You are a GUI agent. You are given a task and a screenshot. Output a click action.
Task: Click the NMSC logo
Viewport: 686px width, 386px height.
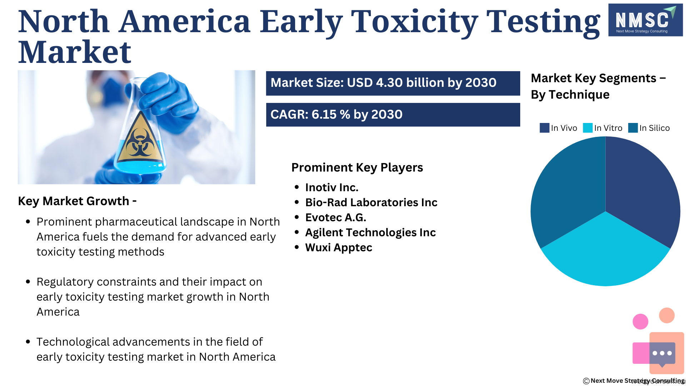pyautogui.click(x=645, y=20)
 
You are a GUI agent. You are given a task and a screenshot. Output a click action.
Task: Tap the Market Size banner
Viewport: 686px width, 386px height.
pyautogui.click(x=393, y=83)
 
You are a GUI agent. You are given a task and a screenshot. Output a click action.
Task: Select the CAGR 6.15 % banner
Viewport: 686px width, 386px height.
pyautogui.click(x=393, y=115)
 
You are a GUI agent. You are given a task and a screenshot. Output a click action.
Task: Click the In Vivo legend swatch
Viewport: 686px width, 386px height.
pyautogui.click(x=545, y=128)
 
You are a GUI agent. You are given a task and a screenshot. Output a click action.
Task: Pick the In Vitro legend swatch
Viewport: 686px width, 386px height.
pyautogui.click(x=588, y=128)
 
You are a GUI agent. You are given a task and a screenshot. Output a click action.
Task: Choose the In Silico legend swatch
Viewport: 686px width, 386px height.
pyautogui.click(x=633, y=128)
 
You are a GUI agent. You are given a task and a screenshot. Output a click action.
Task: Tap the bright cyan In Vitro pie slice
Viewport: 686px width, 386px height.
pyautogui.click(x=605, y=254)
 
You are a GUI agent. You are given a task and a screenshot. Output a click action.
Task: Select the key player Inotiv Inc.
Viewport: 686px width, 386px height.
pyautogui.click(x=332, y=187)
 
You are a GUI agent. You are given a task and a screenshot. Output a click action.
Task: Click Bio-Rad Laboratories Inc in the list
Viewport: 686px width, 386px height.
pyautogui.click(x=371, y=202)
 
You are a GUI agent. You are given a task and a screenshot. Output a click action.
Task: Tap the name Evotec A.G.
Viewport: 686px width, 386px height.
pyautogui.click(x=335, y=217)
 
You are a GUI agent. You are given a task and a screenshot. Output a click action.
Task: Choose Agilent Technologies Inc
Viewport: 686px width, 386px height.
pyautogui.click(x=371, y=232)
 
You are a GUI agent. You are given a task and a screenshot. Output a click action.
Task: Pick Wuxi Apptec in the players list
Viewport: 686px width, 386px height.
pyautogui.click(x=339, y=247)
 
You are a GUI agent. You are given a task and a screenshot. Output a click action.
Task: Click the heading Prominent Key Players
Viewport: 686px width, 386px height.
pyautogui.click(x=357, y=168)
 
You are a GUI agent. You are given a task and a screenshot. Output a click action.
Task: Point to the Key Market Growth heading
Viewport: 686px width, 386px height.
pyautogui.click(x=77, y=201)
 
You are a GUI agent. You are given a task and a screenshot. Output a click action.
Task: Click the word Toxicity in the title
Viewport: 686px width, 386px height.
pyautogui.click(x=414, y=22)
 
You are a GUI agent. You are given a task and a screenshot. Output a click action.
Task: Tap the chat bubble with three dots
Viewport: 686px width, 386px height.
pyautogui.click(x=662, y=354)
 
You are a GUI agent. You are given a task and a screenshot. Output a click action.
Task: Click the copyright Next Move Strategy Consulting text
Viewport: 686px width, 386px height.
pyautogui.click(x=634, y=381)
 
